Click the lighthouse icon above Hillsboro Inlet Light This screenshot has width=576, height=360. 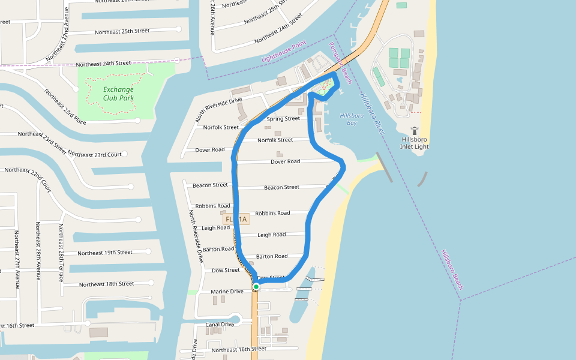click(415, 130)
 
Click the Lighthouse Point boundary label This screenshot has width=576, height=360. click(284, 51)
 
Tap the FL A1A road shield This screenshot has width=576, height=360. click(236, 220)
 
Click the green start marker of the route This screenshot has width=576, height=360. click(256, 287)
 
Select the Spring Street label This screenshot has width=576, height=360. click(283, 119)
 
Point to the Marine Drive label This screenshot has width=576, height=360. click(227, 292)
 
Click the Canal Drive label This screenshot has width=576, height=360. click(220, 325)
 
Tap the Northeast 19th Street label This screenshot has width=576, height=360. click(105, 253)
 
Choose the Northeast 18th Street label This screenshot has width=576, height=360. click(107, 284)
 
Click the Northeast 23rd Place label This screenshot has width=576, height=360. click(65, 106)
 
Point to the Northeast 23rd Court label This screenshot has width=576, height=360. click(95, 155)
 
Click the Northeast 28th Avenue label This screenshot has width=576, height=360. click(37, 251)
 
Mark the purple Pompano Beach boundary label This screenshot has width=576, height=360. click(340, 63)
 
